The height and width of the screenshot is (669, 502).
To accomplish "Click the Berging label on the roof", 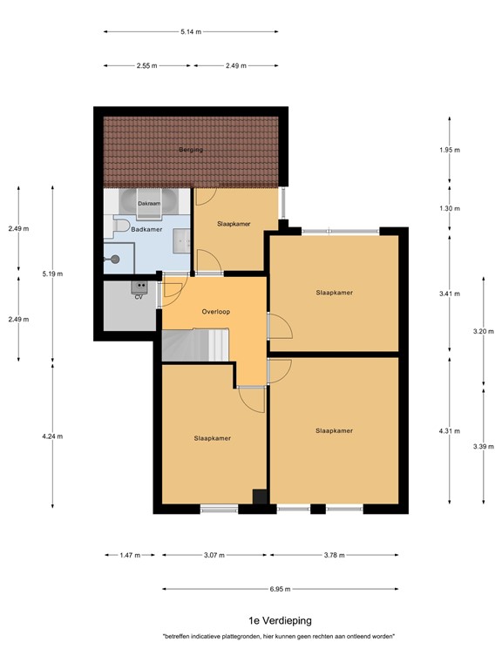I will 191,150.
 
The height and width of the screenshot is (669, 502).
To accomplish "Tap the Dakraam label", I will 149,204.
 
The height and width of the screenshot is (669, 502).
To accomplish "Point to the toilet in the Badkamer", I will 120,227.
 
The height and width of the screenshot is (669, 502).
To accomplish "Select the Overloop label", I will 214,311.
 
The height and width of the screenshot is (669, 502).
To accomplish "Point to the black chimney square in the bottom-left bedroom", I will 260,497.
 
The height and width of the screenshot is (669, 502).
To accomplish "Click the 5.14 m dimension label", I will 191,32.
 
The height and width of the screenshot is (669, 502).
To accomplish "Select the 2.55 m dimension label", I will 146,65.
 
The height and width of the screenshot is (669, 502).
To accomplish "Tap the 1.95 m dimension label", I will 449,150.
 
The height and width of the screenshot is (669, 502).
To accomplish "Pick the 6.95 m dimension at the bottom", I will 280,588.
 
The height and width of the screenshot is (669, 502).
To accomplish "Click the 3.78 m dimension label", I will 334,555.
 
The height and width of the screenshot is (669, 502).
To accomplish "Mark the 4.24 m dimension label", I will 53,436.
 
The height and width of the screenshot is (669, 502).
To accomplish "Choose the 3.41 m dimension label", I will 449,294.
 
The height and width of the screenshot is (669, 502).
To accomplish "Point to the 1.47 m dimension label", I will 128,555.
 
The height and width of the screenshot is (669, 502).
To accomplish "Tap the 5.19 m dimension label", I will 53,274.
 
